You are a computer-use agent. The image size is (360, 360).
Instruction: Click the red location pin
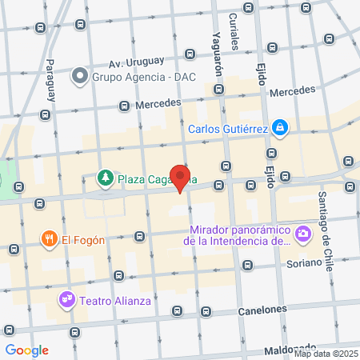tap(182, 178)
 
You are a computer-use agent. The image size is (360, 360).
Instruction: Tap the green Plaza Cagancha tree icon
tap(105, 178)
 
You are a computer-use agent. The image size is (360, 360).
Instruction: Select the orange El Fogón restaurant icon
tap(50, 238)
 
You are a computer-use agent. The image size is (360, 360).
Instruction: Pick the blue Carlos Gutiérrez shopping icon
tap(278, 127)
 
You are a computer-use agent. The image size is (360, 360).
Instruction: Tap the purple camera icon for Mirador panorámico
tap(302, 234)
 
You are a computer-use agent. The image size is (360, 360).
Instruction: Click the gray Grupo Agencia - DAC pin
tap(79, 78)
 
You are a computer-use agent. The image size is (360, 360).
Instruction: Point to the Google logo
tap(26, 350)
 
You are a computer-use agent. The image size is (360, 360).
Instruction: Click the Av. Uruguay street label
tap(136, 62)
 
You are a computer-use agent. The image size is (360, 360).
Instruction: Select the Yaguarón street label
tap(216, 38)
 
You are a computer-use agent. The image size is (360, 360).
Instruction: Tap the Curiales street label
tap(234, 30)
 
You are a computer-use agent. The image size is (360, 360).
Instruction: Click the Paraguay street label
tap(50, 79)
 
